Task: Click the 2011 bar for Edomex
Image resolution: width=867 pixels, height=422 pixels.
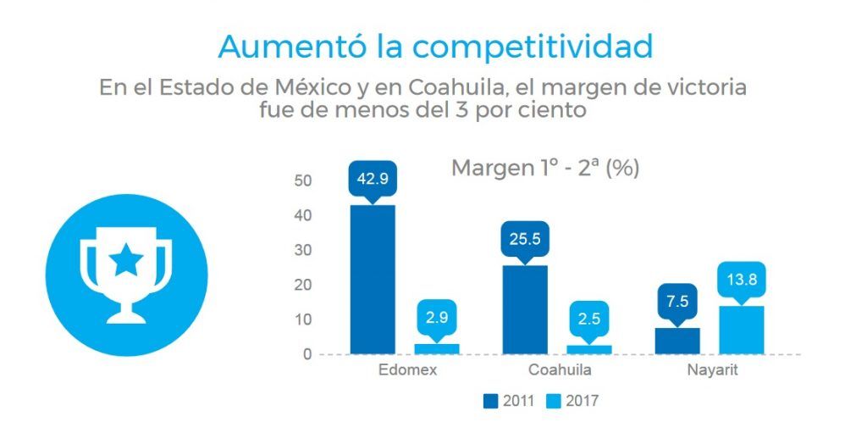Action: tap(373, 279)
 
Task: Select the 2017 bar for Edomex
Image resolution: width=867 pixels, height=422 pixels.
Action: tap(437, 348)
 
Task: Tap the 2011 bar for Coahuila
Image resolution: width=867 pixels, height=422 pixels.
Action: tap(525, 309)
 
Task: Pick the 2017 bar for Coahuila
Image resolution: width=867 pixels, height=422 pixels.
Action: tap(589, 349)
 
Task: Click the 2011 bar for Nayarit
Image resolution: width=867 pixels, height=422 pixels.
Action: tap(677, 341)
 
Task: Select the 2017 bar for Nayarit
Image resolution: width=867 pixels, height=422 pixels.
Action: tap(742, 330)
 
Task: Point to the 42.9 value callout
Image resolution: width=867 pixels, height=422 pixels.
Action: tap(373, 180)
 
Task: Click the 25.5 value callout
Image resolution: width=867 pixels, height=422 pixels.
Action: tap(525, 240)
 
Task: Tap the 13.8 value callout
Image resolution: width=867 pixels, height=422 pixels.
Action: tap(742, 280)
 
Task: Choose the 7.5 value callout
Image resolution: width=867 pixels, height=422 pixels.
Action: tap(677, 302)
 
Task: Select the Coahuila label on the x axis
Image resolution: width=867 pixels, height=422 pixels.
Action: tap(560, 371)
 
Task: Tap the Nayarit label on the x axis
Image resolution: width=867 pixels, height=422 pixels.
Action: tap(712, 371)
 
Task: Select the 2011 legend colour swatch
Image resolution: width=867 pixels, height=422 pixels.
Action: tap(490, 400)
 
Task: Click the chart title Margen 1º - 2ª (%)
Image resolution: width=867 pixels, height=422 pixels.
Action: tap(545, 168)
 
